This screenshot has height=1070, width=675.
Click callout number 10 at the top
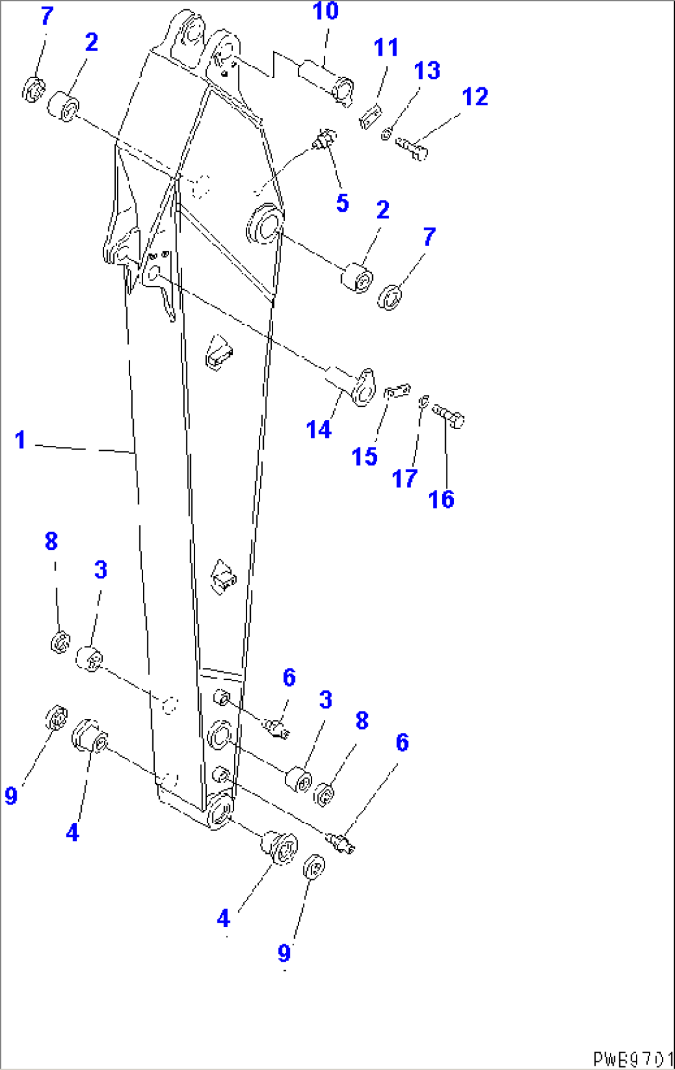point(325,11)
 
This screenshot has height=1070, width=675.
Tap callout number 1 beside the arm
point(20,440)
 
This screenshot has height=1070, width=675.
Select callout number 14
point(318,429)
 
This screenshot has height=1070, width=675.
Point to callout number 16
point(441,499)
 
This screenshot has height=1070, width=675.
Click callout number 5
point(342,203)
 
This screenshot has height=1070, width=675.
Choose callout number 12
point(475,97)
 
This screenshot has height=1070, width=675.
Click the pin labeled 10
point(326,79)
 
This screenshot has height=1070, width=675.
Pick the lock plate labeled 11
point(370,116)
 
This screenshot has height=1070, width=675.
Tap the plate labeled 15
point(397,391)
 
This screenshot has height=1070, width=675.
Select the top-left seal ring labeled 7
point(33,89)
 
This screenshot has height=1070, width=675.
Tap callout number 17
point(404,479)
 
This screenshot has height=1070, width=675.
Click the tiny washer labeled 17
point(424,402)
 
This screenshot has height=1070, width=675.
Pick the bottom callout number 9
point(284,952)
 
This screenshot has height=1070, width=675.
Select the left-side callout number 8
point(51,541)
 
